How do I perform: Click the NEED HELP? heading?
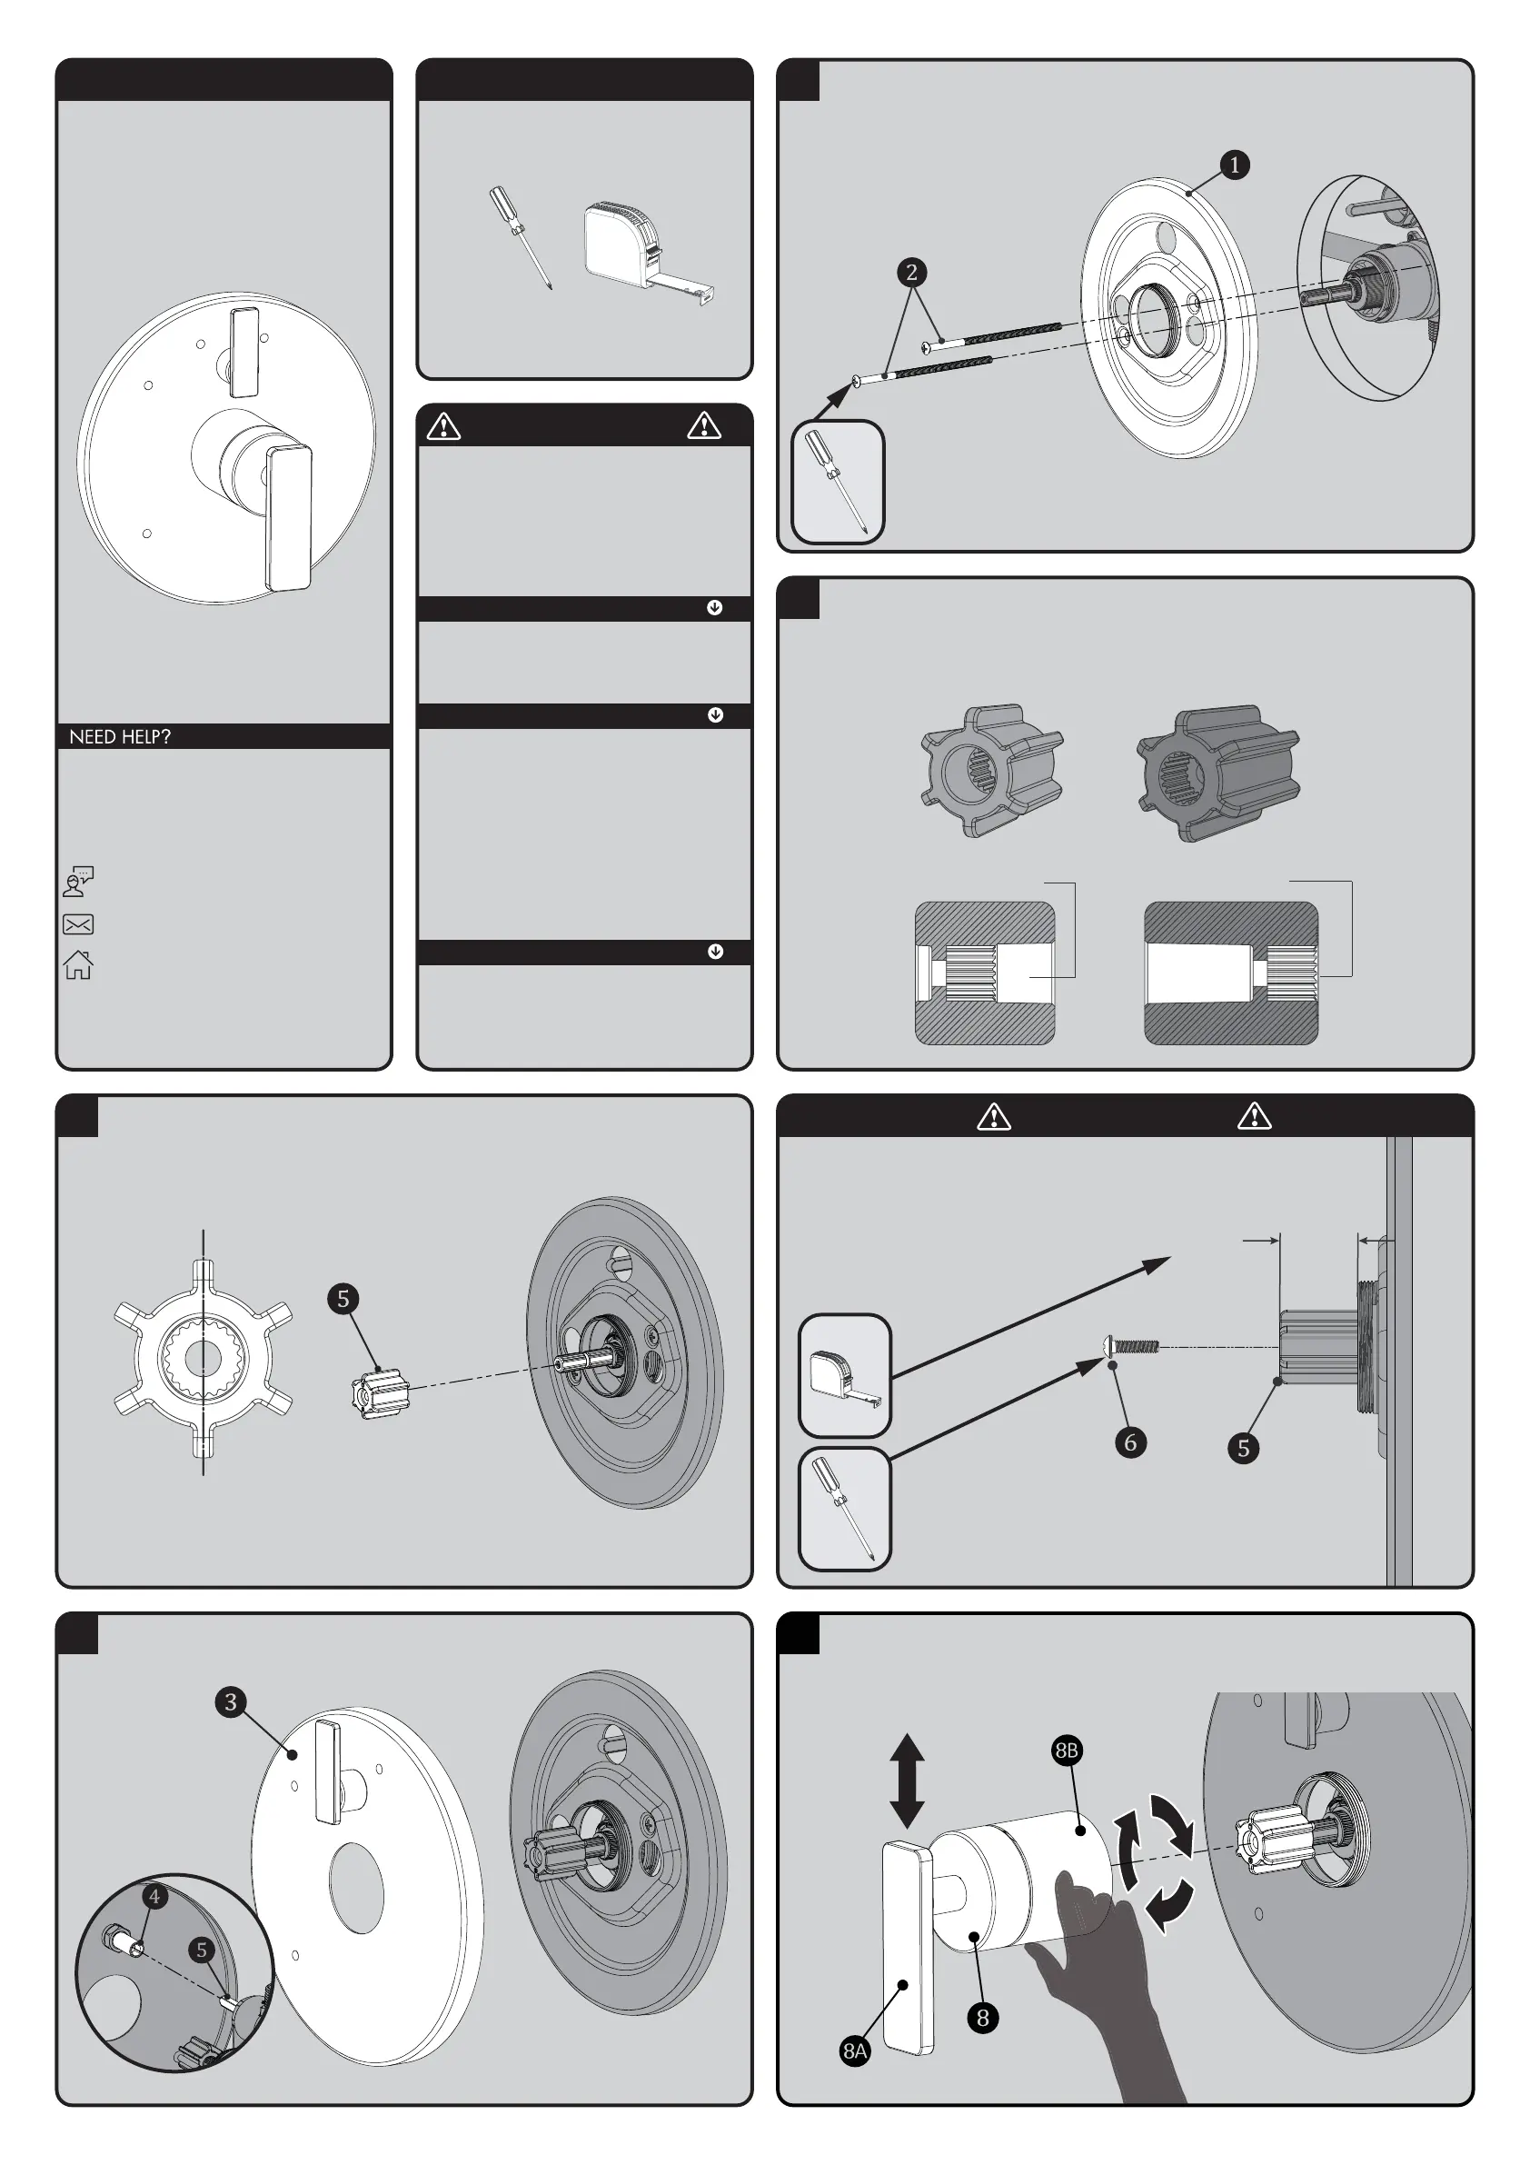click(120, 736)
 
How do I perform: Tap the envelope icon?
click(78, 924)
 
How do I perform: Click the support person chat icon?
click(78, 882)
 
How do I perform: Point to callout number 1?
click(1234, 165)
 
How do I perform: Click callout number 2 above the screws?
click(910, 273)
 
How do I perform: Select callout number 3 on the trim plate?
click(231, 1702)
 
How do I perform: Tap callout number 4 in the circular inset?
click(154, 1896)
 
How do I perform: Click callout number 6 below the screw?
click(1130, 1442)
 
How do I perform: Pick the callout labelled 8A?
click(855, 2050)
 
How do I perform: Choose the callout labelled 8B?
click(1067, 1751)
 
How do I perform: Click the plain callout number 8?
click(982, 2018)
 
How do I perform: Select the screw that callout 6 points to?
click(1131, 1345)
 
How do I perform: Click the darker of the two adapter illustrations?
click(1218, 772)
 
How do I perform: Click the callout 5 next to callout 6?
click(1243, 1449)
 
